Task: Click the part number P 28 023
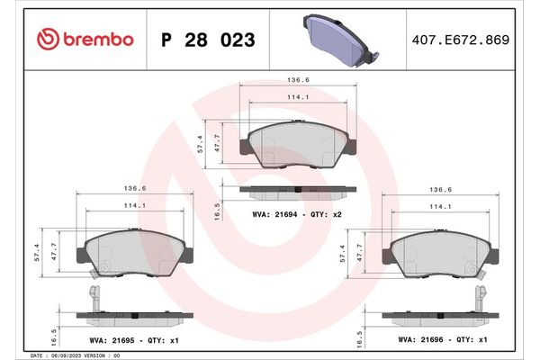pyautogui.click(x=207, y=40)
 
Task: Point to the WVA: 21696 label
pyautogui.click(x=418, y=340)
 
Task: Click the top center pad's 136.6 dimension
pyautogui.click(x=298, y=79)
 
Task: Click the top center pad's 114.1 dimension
pyautogui.click(x=298, y=98)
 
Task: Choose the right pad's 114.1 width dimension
pyautogui.click(x=440, y=207)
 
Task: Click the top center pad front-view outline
pyautogui.click(x=299, y=144)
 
